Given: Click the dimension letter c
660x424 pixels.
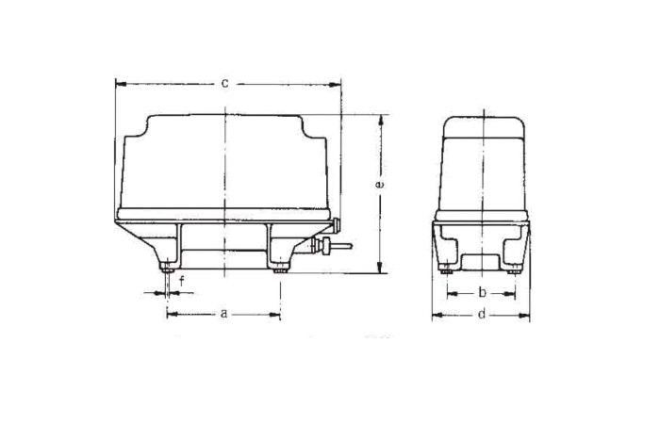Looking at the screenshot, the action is (225, 83).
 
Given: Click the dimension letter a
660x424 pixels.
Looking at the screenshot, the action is (224, 314).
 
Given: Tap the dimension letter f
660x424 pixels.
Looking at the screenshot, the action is (182, 281).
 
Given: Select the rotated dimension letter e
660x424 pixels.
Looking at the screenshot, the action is (380, 185).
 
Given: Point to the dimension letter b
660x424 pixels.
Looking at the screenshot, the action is (483, 292).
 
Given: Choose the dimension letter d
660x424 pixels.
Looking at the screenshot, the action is (482, 314).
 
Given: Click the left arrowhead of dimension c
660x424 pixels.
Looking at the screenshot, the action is (121, 84).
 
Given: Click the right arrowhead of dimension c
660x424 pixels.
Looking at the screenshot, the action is (335, 85).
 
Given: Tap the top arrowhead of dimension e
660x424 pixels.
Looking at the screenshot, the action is (381, 120).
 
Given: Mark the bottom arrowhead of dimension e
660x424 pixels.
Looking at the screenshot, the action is (380, 268).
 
